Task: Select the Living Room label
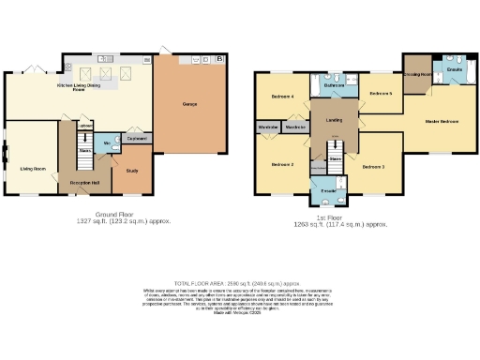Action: pyautogui.click(x=33, y=169)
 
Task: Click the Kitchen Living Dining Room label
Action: pyautogui.click(x=79, y=87)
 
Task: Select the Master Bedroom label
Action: pyautogui.click(x=442, y=121)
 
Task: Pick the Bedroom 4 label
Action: pyautogui.click(x=283, y=97)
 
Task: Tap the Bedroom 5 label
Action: pyautogui.click(x=380, y=94)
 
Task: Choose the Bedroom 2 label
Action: pyautogui.click(x=283, y=165)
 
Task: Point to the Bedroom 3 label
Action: pyautogui.click(x=372, y=166)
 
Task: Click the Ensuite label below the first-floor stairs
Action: pyautogui.click(x=328, y=191)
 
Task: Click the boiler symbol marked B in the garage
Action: pyautogui.click(x=219, y=59)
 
